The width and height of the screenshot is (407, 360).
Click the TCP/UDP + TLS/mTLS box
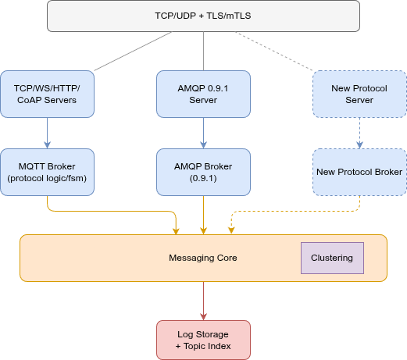(203, 16)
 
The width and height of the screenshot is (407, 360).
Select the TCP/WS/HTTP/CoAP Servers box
(48, 94)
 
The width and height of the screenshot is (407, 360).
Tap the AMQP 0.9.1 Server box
(203, 94)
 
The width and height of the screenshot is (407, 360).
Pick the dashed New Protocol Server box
(359, 94)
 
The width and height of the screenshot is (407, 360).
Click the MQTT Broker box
(48, 172)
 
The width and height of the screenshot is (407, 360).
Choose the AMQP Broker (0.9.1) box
(203, 172)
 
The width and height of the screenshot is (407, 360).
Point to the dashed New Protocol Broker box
(359, 172)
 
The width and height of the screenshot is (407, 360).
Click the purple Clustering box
(332, 258)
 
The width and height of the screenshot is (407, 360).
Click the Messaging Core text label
(203, 258)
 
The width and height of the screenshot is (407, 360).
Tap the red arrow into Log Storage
(203, 301)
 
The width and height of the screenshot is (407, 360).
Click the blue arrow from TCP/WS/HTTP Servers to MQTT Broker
(48, 133)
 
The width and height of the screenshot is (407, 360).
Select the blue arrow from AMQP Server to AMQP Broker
(203, 133)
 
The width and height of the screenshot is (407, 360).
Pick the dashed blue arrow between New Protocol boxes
(359, 133)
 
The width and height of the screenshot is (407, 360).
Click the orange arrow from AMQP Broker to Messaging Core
(203, 215)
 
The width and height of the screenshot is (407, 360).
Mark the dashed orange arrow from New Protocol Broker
(297, 210)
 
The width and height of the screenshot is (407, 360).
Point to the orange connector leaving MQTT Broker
(109, 210)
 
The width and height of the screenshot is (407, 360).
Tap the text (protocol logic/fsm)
(48, 178)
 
